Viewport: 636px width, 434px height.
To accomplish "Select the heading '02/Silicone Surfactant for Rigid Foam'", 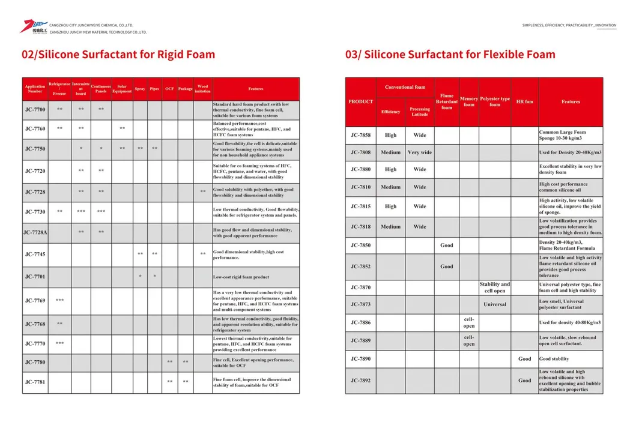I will [118, 55].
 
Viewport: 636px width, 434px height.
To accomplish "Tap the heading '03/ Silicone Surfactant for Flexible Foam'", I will [450, 55].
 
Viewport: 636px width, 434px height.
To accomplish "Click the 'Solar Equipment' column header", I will [122, 89].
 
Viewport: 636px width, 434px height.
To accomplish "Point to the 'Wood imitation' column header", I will [202, 89].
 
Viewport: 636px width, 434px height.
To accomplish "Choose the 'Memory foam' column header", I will [468, 101].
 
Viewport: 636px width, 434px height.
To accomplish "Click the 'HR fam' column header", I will [524, 101].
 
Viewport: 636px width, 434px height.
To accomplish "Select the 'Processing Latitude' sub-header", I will [420, 112].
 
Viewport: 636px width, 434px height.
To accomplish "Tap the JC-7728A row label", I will [35, 232].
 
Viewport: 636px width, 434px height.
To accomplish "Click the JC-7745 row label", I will [35, 255].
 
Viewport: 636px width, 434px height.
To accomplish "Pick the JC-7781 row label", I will [35, 382].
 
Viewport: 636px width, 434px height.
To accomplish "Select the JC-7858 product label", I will [361, 135].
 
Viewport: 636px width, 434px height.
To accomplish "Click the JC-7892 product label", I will [361, 381].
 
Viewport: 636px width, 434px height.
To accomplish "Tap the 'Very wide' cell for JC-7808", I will [420, 152].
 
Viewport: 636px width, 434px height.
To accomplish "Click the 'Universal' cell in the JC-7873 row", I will [494, 304].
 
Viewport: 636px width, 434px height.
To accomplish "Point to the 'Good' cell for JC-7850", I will [447, 246].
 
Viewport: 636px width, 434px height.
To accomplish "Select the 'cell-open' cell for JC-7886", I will [468, 323].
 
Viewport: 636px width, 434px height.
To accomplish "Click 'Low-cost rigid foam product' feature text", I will [241, 277].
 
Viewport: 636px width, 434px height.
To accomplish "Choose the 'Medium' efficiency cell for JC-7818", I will [390, 227].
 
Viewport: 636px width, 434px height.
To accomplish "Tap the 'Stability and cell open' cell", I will [494, 288].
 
